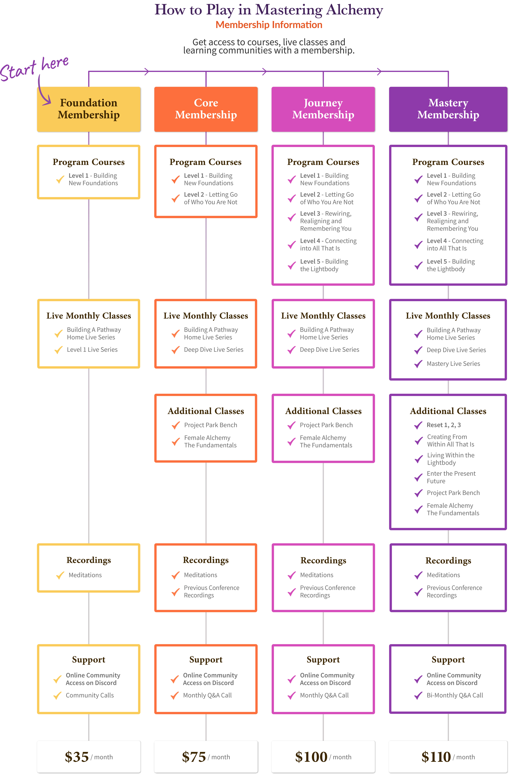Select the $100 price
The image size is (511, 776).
click(311, 757)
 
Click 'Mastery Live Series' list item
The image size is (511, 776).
click(453, 364)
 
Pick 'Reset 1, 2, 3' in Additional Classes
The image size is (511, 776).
click(444, 425)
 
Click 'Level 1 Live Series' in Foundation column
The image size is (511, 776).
click(92, 350)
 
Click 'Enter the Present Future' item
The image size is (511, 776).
click(451, 477)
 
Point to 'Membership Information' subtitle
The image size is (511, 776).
click(269, 25)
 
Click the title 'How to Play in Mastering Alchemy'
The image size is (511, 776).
click(269, 10)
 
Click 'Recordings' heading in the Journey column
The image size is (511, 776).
click(323, 560)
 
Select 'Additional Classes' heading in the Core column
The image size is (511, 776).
click(206, 411)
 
